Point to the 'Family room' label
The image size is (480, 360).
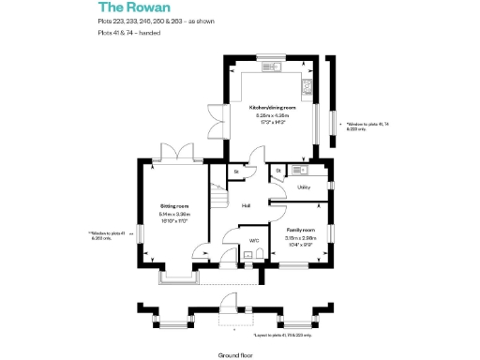(x=300, y=230)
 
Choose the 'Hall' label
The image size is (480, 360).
(x=246, y=205)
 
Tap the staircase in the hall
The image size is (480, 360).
(x=217, y=198)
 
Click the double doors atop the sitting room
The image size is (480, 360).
(x=176, y=152)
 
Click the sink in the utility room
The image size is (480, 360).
(x=298, y=170)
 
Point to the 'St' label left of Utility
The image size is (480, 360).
(x=278, y=170)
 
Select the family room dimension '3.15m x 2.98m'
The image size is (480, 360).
(x=300, y=238)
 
